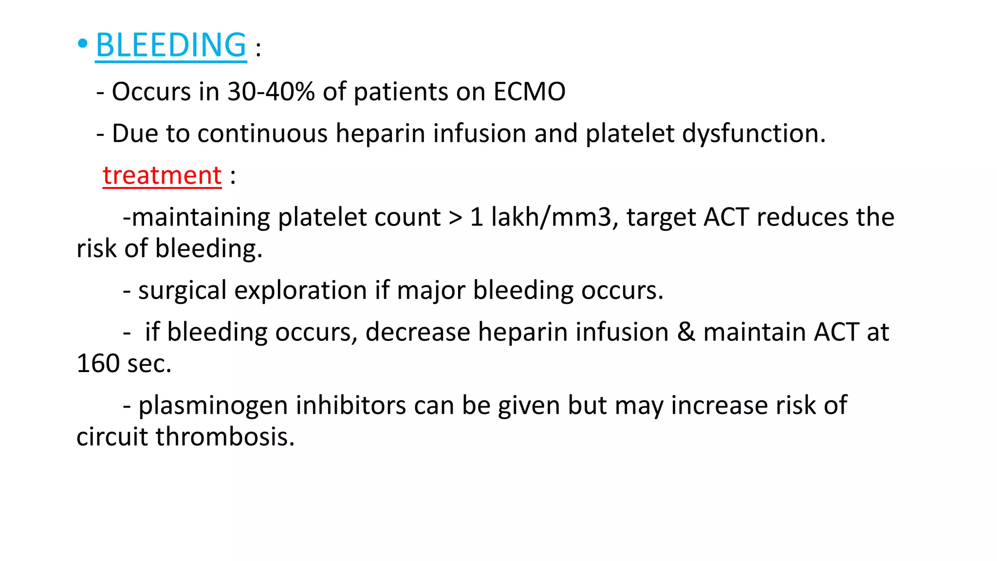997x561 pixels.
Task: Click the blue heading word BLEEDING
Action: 171,45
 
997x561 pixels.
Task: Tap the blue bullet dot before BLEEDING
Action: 82,44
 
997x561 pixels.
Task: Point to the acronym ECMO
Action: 529,92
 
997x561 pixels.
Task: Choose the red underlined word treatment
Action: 162,175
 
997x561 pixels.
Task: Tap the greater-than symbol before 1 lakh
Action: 455,218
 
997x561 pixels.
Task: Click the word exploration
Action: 301,291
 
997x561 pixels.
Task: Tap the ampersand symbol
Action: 685,332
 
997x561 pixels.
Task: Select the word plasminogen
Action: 213,406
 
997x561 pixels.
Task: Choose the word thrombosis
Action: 225,437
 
